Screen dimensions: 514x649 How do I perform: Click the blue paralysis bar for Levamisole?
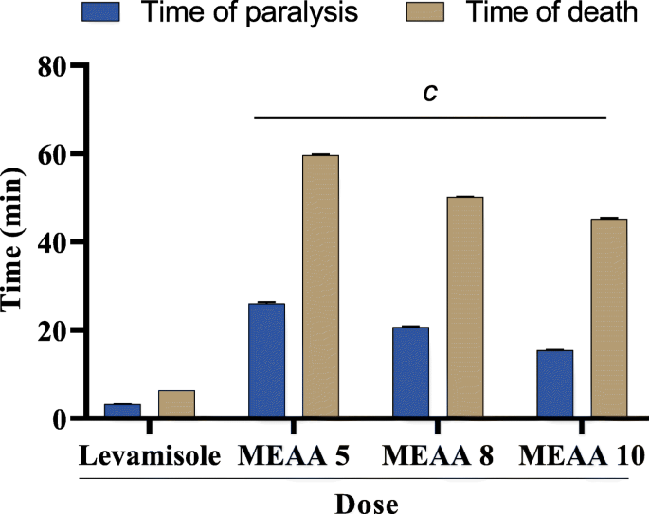(x=122, y=411)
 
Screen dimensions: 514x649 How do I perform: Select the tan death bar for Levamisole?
(x=176, y=403)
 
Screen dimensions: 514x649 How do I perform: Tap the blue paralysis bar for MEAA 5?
(x=266, y=361)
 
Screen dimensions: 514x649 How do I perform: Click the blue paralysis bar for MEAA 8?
(x=410, y=372)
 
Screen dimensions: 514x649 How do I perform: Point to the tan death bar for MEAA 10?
(x=608, y=318)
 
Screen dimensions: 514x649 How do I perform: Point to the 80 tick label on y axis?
(x=56, y=66)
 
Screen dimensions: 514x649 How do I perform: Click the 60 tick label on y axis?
(x=56, y=154)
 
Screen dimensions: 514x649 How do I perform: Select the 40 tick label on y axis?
(x=56, y=242)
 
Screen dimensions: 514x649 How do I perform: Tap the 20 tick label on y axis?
(x=56, y=330)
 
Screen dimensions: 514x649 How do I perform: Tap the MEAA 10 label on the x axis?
(x=582, y=455)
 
